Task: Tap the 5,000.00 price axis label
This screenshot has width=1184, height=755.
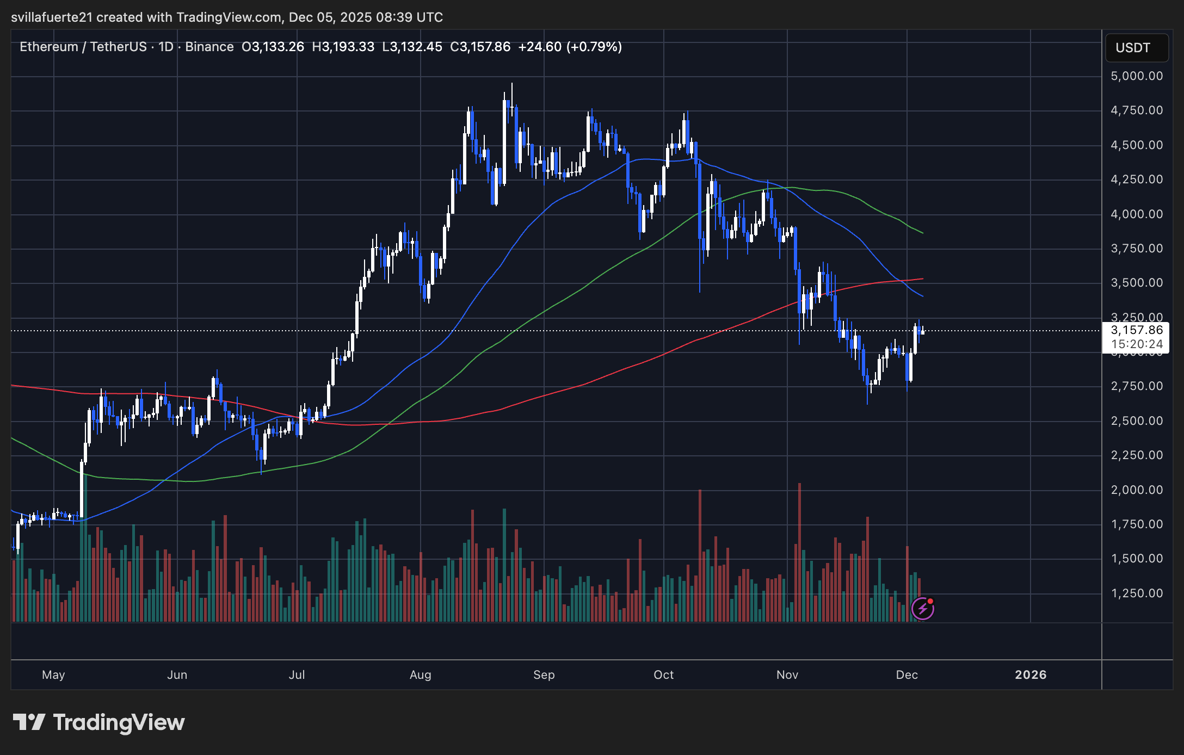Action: tap(1137, 76)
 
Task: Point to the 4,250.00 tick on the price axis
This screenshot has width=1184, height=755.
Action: tap(1137, 180)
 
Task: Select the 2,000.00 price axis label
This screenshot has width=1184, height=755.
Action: tap(1137, 490)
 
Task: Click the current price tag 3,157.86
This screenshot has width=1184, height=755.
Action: tap(1137, 330)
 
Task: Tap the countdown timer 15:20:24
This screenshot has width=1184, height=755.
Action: tap(1137, 344)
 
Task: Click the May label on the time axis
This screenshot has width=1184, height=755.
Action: tap(53, 675)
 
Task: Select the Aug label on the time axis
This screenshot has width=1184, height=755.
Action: tap(420, 675)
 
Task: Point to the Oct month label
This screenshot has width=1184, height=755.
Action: tap(663, 675)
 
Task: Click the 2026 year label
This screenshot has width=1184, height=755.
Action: tap(1031, 675)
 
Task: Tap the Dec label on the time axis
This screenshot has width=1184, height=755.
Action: tap(906, 675)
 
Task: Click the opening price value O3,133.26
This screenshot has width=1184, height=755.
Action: tap(273, 47)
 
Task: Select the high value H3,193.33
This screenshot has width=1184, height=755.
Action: tap(343, 47)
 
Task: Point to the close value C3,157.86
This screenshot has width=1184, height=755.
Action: tap(480, 47)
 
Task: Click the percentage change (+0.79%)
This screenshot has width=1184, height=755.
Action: tap(594, 47)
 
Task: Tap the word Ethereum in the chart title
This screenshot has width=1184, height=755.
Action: tap(49, 47)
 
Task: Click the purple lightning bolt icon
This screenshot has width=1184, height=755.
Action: tap(923, 609)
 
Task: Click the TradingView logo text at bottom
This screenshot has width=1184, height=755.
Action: tap(119, 722)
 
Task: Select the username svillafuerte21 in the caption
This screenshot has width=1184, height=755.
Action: tap(52, 17)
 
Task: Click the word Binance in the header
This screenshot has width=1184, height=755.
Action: tap(209, 47)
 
